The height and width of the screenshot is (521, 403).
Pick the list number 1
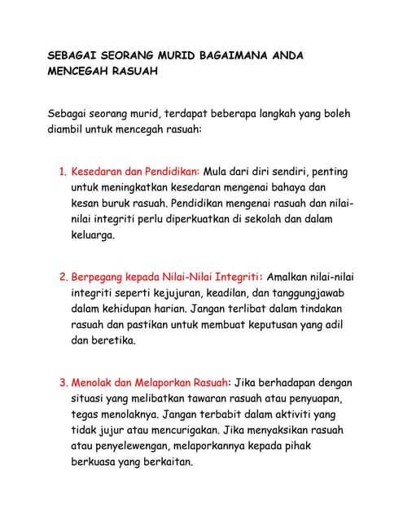point(62,173)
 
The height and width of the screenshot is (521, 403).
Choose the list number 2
point(63,276)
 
